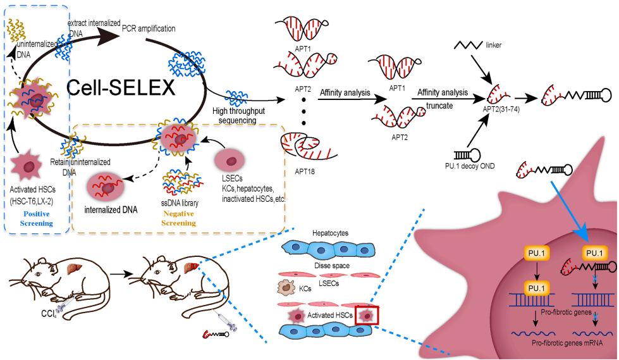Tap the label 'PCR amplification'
click(149, 28)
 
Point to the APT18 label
click(301, 171)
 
